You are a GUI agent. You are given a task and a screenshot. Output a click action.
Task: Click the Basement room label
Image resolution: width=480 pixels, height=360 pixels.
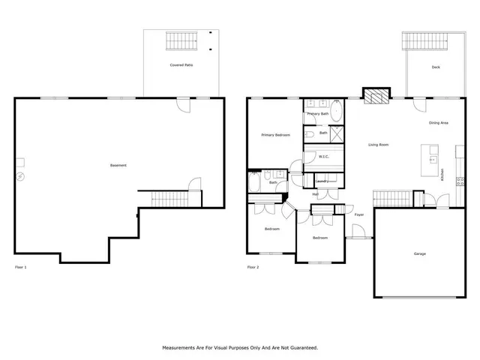pyautogui.click(x=118, y=165)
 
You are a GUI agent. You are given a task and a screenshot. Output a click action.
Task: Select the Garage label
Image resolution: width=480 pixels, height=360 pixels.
pyautogui.click(x=419, y=253)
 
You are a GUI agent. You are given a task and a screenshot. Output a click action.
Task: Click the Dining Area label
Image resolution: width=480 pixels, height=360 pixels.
pyautogui.click(x=438, y=122)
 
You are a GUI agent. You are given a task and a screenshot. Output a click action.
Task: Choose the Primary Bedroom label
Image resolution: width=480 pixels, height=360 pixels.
pyautogui.click(x=275, y=135)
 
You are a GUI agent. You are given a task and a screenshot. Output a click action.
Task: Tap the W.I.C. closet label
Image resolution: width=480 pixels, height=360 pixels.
pyautogui.click(x=324, y=157)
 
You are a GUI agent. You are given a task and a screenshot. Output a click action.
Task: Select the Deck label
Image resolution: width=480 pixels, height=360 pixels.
pyautogui.click(x=435, y=67)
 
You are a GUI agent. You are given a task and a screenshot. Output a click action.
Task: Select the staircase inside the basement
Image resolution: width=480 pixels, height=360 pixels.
pyautogui.click(x=164, y=199)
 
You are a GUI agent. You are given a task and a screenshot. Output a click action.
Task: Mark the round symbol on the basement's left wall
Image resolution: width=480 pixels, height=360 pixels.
pyautogui.click(x=20, y=177)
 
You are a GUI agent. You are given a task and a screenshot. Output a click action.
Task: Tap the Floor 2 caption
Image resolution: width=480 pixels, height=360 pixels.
pyautogui.click(x=253, y=267)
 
